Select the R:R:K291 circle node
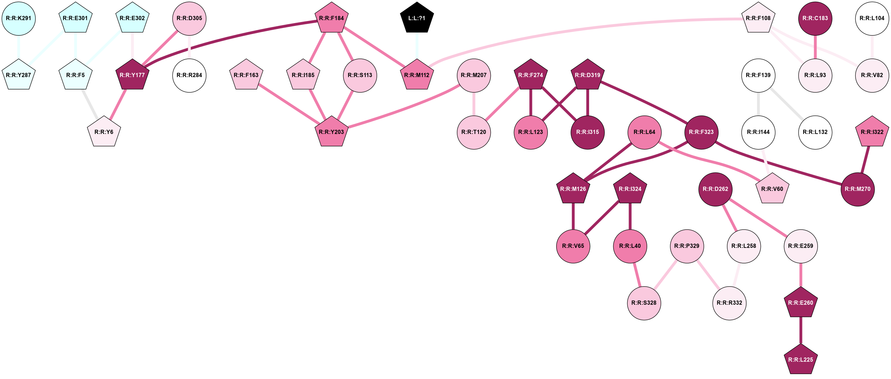point(19,18)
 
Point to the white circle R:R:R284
point(189,75)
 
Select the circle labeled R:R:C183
point(815,18)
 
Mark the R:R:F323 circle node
point(701,132)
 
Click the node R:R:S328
point(644,303)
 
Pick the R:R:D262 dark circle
point(715,189)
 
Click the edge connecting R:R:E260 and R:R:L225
point(801,331)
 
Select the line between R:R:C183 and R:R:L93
point(815,47)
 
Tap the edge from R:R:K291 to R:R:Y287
point(19,47)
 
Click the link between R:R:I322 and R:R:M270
point(865,160)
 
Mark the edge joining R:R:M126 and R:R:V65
point(573,217)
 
